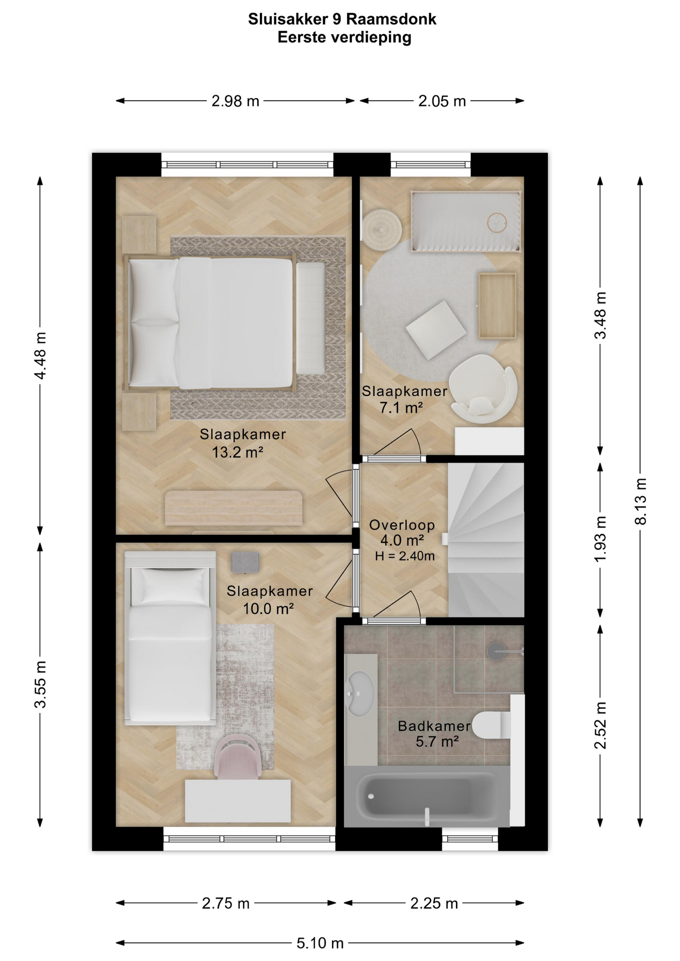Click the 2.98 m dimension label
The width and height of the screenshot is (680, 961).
coord(235,101)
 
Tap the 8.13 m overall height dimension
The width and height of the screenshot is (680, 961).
coord(640,501)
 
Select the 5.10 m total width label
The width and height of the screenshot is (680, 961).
coord(320,943)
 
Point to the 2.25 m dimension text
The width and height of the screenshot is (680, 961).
coord(434,903)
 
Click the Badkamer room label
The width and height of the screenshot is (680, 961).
coord(434,726)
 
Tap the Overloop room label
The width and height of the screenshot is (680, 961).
coord(402,525)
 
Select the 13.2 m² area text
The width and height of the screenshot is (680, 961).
coord(237,452)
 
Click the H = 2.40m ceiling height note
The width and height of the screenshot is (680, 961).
coord(405,556)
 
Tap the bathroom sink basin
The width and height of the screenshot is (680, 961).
coord(361,693)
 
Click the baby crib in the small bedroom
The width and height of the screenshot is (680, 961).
coord(466,221)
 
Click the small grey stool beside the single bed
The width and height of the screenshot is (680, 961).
coord(245,563)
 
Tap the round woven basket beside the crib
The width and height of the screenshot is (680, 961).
coord(382,229)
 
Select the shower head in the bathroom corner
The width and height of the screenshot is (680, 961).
coord(497,651)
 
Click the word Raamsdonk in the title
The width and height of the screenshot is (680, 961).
coord(391,19)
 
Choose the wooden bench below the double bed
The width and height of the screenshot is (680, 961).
coord(234,508)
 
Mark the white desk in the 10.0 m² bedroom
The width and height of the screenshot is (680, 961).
coord(238,800)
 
